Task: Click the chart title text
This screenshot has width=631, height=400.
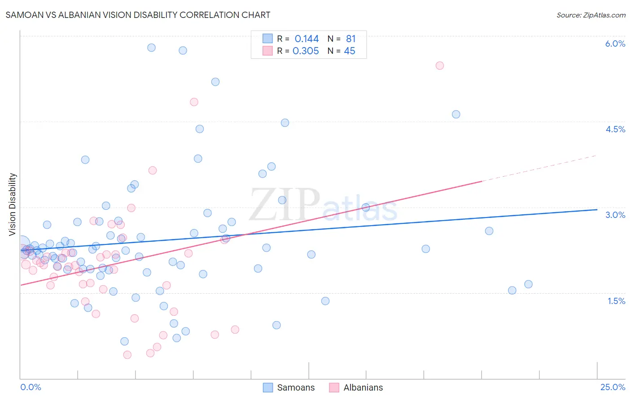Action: [x=138, y=15]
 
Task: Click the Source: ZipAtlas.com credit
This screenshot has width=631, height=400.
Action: [x=591, y=15]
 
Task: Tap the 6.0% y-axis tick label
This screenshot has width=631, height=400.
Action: [x=615, y=43]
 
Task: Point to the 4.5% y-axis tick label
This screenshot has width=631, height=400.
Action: [x=615, y=129]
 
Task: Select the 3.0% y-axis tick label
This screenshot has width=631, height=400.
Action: [x=615, y=215]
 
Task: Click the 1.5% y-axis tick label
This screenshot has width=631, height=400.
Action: [x=616, y=301]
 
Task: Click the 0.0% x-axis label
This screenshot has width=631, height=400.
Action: [x=31, y=387]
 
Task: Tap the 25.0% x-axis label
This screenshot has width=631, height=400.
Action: [x=613, y=387]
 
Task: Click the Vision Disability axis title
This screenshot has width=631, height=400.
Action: [x=13, y=204]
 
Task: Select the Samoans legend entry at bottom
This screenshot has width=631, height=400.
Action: [x=289, y=387]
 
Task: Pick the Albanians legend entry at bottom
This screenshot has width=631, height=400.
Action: [x=356, y=387]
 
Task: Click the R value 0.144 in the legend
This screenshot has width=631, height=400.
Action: [x=307, y=39]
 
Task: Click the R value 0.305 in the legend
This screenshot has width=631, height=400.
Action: [x=306, y=51]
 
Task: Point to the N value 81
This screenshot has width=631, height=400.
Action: [x=351, y=39]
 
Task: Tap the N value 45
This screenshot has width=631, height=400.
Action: [x=349, y=51]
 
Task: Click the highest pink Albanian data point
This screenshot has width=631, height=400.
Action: [x=439, y=65]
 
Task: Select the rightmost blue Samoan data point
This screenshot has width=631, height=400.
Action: [x=528, y=284]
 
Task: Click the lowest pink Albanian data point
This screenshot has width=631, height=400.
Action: [x=127, y=355]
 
